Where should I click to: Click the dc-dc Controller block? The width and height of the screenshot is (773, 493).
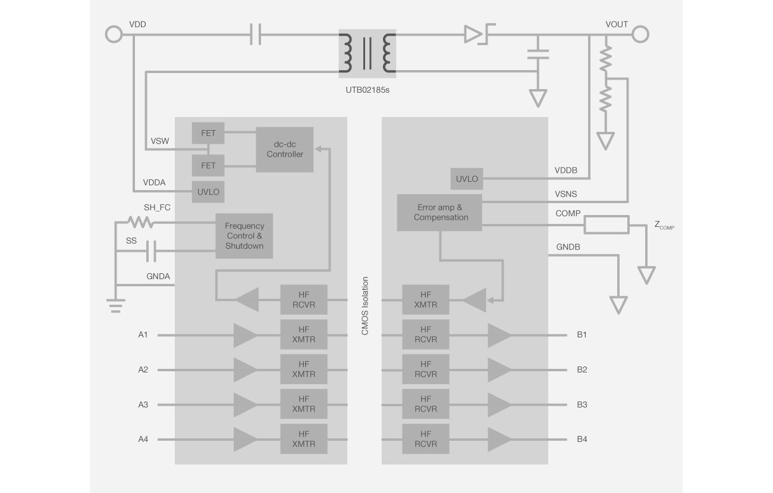tap(284, 149)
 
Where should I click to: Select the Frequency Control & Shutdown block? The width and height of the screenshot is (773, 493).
tap(244, 235)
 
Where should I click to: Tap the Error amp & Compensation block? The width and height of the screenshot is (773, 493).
tap(439, 213)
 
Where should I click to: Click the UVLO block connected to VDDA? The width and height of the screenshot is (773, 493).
tap(208, 192)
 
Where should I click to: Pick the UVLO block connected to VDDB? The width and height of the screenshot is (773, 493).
tap(467, 179)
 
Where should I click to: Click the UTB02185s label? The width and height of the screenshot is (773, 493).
tap(367, 91)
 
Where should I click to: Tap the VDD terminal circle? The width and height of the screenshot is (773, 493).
tap(114, 34)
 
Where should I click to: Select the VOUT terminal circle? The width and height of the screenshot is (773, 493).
tap(640, 34)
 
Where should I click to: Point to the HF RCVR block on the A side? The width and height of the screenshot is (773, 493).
tap(303, 300)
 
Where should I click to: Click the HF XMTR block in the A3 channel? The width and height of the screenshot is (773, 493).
tap(303, 404)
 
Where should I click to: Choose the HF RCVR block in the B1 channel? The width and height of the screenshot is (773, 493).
tap(425, 334)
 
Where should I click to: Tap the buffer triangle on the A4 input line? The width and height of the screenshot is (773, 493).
tap(245, 440)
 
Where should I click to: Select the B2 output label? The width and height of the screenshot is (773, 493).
tap(582, 369)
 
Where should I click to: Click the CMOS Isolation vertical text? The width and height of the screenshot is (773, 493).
tap(364, 306)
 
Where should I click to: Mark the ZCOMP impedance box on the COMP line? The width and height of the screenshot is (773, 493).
tap(606, 225)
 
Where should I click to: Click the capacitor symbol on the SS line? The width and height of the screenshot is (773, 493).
tap(151, 252)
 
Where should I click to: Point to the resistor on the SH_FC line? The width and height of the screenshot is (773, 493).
tap(140, 222)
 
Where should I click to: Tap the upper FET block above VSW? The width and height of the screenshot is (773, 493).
tap(208, 133)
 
